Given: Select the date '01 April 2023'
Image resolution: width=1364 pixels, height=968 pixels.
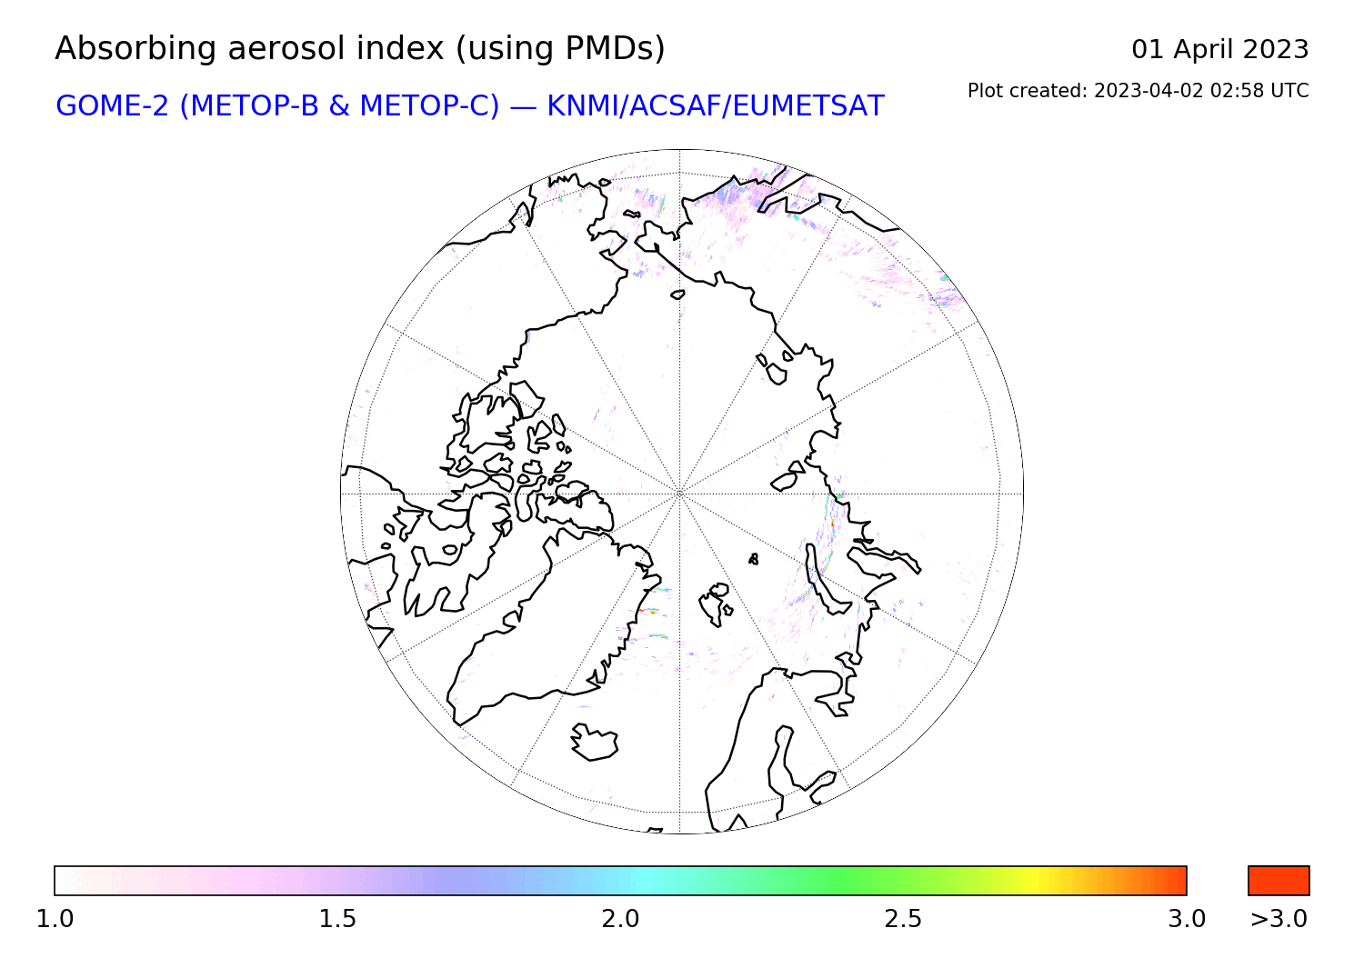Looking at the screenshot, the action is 1219,50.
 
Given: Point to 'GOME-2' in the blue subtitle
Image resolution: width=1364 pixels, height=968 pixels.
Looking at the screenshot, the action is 112,106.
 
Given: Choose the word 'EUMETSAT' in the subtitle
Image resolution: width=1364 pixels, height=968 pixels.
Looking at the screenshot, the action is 808,106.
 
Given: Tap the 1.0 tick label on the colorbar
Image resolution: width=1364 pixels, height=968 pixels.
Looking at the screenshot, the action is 55,919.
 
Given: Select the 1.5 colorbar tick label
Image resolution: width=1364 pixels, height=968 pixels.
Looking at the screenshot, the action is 337,919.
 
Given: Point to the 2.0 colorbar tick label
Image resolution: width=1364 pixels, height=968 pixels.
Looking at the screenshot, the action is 620,919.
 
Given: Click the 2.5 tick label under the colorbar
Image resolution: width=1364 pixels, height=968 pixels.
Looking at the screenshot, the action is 903,919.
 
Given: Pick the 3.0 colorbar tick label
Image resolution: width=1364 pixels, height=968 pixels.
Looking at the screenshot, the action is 1186,919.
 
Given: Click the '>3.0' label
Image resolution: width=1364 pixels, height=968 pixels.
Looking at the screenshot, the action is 1279,919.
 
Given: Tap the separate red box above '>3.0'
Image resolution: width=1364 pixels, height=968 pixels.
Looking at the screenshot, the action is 1279,881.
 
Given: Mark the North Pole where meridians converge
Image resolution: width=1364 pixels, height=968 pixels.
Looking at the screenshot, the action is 679,494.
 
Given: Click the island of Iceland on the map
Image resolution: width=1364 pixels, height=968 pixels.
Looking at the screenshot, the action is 595,742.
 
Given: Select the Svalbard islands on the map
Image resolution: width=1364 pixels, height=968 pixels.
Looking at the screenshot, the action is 716,603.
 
